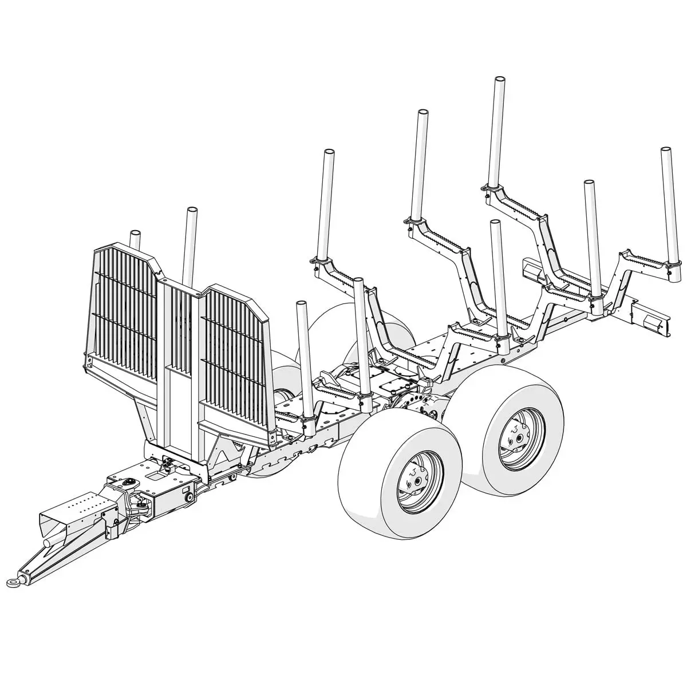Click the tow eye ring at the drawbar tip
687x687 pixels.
click(13, 582)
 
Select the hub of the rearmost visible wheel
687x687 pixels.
click(518, 439)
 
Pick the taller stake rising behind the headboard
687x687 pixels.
click(191, 213)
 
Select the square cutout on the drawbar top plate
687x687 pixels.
click(156, 474)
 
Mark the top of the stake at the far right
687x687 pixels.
click(665, 151)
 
